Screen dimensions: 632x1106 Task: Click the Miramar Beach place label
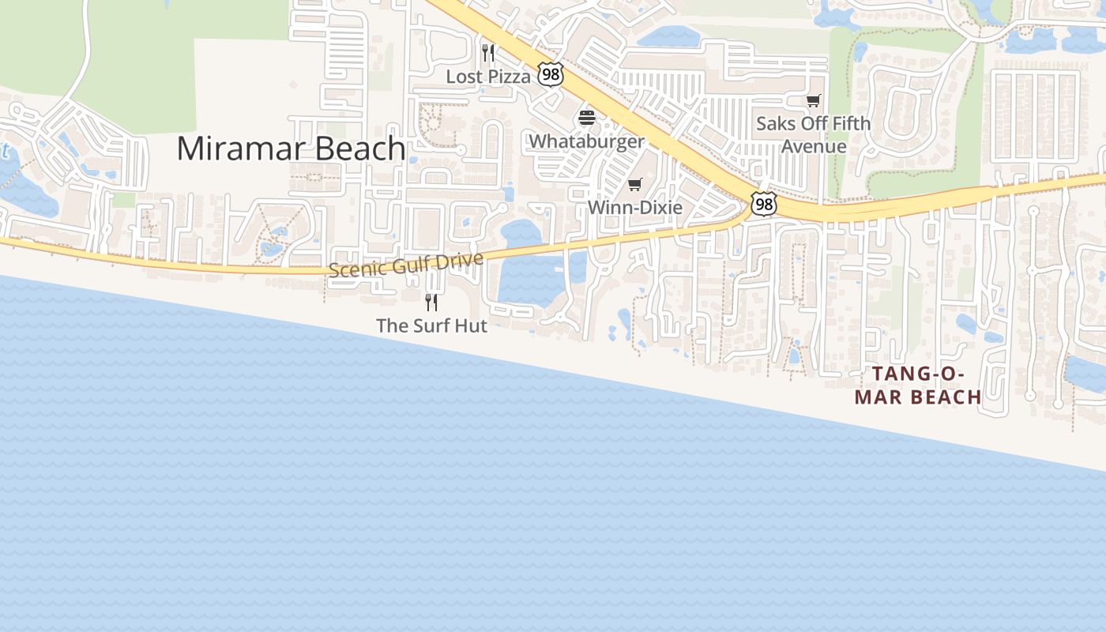(x=291, y=149)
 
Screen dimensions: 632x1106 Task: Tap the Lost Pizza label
(x=488, y=77)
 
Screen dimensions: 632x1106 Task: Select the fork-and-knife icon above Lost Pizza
(x=488, y=53)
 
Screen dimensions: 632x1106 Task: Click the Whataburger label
(x=586, y=141)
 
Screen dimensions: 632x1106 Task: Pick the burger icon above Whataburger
(x=586, y=118)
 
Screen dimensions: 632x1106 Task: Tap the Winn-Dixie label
(x=634, y=208)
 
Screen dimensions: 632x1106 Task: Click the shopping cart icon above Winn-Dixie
(x=634, y=185)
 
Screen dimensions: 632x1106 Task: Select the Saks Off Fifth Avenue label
(x=813, y=134)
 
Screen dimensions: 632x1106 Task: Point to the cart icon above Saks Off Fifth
(x=813, y=100)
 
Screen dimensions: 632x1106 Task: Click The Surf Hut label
(x=431, y=325)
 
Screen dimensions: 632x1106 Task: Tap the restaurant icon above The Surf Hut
(x=431, y=302)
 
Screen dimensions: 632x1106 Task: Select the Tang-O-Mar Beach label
(x=918, y=386)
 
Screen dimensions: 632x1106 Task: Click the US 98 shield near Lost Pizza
(x=550, y=75)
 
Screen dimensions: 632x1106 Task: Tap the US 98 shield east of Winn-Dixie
(x=763, y=205)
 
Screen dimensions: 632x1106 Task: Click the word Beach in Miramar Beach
(x=359, y=149)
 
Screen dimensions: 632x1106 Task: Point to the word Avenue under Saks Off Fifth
(x=814, y=146)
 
